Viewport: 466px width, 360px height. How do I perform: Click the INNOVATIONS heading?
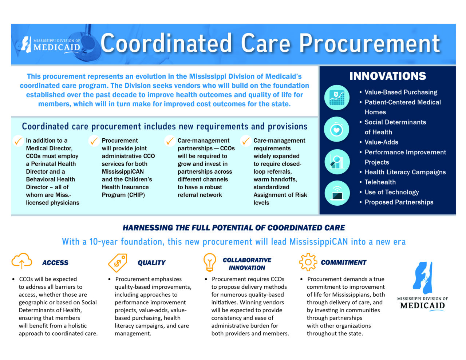[x=387, y=76]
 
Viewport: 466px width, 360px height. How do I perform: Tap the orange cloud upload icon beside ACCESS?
[x=21, y=261]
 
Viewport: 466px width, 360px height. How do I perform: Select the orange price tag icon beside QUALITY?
[x=118, y=263]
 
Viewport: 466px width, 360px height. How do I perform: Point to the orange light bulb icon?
[x=209, y=262]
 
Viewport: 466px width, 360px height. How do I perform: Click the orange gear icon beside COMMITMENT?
[x=308, y=262]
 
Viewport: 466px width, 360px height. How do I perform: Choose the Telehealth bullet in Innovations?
[x=380, y=182]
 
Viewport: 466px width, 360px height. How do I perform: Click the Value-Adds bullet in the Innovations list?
[x=381, y=142]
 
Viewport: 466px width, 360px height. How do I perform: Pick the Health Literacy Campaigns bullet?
[x=405, y=172]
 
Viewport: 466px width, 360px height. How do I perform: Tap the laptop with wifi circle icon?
[x=337, y=193]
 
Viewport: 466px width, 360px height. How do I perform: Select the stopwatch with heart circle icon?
[x=336, y=129]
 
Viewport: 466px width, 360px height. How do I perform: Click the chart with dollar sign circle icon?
[x=337, y=98]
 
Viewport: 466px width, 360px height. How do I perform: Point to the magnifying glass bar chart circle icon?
[x=337, y=162]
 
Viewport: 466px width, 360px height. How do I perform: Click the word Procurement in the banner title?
[x=369, y=44]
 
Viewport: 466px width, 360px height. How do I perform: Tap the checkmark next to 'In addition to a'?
[x=18, y=141]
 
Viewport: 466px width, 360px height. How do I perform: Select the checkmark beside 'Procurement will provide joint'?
[x=94, y=141]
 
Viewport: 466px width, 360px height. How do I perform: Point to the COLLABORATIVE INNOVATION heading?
[x=247, y=264]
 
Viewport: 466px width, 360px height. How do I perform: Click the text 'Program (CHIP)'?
[x=123, y=195]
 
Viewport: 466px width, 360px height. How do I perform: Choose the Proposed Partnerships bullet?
[x=399, y=202]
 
